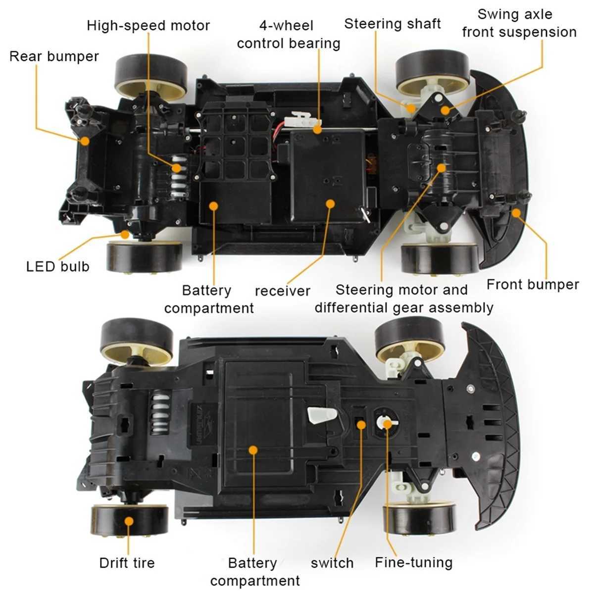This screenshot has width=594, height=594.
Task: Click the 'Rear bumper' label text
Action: pos(54,57)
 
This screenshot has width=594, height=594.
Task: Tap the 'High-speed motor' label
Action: pos(148,26)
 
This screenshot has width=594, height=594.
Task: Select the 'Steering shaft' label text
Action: pos(392,24)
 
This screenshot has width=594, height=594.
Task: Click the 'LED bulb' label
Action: pos(57,267)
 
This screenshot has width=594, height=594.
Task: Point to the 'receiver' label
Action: pos(282,291)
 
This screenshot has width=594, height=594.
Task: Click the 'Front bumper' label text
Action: pos(533,285)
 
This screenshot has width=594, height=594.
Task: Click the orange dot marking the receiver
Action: pos(330,203)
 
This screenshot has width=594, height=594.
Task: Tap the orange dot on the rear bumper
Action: pos(85,141)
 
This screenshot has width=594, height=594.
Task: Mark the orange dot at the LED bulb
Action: pos(125,235)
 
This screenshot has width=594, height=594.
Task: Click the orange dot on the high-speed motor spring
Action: pos(177,168)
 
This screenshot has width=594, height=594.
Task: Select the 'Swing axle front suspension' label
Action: pos(519,23)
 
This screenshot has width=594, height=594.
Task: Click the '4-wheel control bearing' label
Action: pos(289,35)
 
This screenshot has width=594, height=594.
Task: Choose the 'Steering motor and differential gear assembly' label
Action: pos(404,298)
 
